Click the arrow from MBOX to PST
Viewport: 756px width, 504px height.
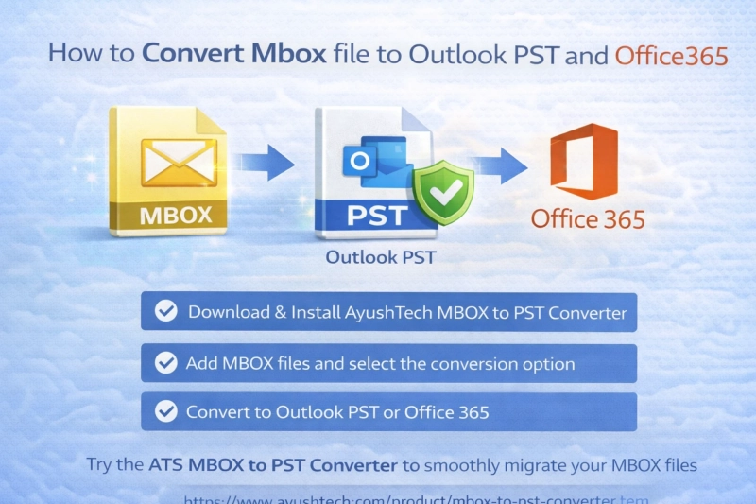[x=263, y=162]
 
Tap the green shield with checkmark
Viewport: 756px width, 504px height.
[x=442, y=192]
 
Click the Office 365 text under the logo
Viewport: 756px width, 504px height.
[x=588, y=220]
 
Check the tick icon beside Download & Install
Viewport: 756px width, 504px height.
[x=166, y=312]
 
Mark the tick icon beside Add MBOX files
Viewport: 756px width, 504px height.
[x=166, y=363]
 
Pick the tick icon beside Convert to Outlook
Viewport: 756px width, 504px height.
[x=166, y=411]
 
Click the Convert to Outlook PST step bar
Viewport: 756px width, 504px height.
[x=388, y=412]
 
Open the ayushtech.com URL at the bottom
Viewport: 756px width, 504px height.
[x=416, y=498]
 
